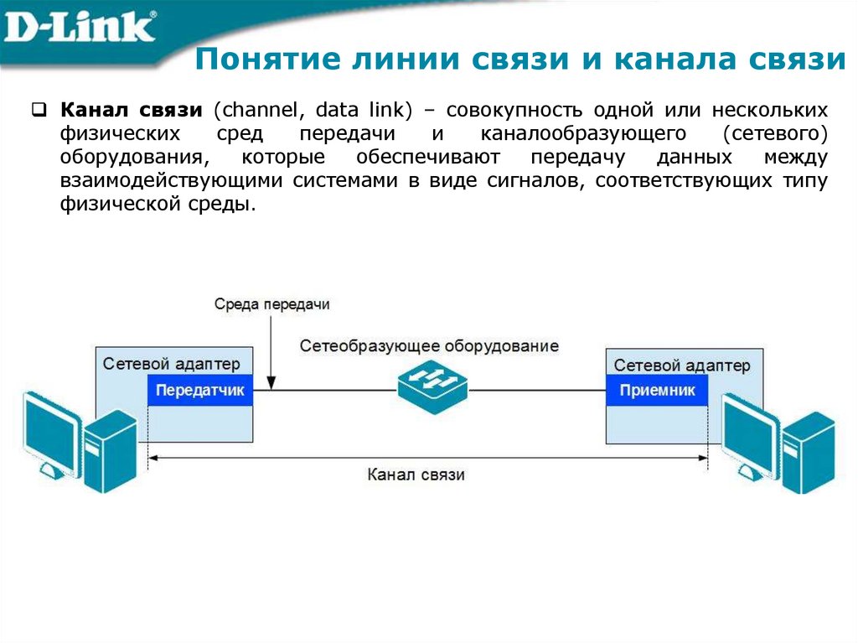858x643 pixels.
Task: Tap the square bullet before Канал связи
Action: point(38,109)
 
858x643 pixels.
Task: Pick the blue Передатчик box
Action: point(200,390)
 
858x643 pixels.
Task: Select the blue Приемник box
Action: point(657,390)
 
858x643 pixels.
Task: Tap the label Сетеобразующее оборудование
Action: point(429,345)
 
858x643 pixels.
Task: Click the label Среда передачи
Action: point(271,304)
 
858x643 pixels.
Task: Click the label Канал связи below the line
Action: point(416,474)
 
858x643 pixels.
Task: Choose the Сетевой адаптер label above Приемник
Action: point(682,366)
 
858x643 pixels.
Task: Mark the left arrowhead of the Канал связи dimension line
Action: point(152,458)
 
